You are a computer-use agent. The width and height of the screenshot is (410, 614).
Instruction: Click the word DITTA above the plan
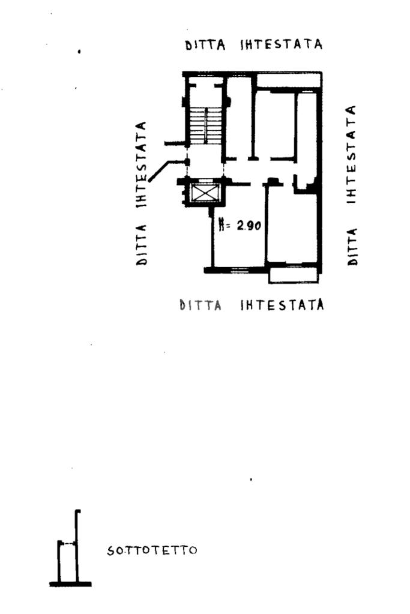(x=205, y=46)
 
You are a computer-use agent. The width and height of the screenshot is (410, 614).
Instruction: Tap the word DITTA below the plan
(x=201, y=305)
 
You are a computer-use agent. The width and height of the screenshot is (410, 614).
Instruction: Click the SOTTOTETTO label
(x=152, y=550)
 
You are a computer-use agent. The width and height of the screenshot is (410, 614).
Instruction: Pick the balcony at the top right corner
(x=289, y=80)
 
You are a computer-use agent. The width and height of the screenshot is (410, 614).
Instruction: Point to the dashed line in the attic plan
(x=68, y=544)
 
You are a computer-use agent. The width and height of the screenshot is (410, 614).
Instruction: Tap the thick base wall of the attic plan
(x=70, y=583)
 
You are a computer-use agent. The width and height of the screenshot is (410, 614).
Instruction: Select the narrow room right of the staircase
(x=238, y=120)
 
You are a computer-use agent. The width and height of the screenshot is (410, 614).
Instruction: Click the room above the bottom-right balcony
(x=292, y=225)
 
